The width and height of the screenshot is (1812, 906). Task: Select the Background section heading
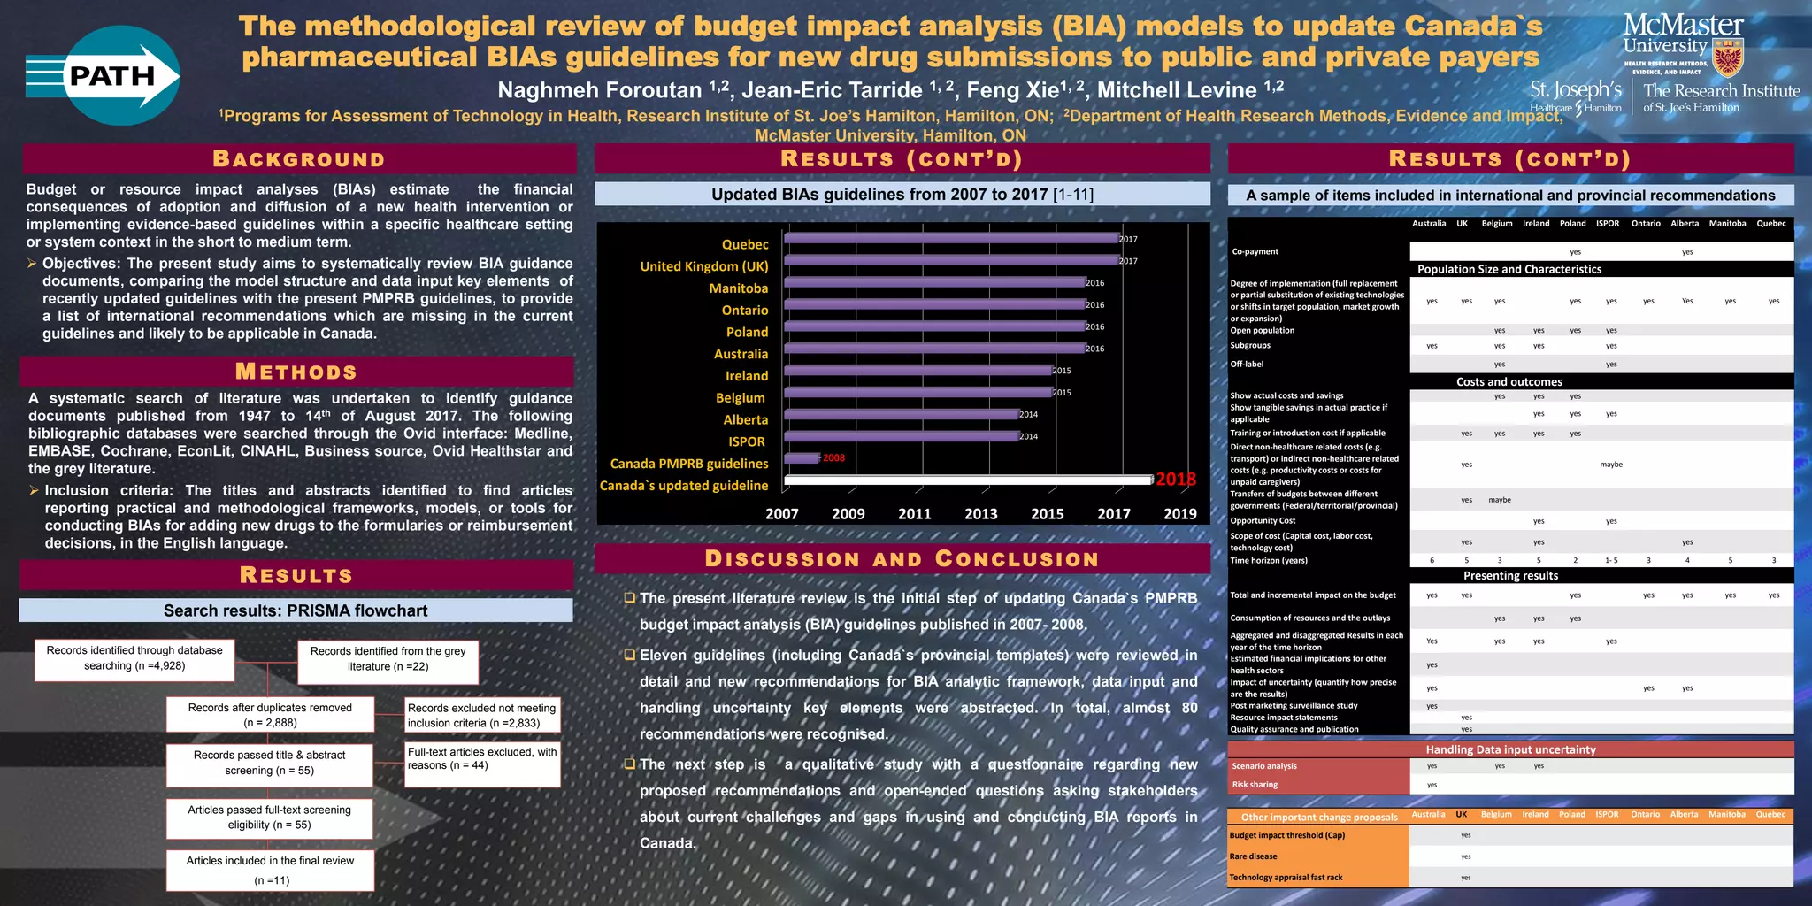[299, 159]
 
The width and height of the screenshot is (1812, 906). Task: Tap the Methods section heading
[296, 372]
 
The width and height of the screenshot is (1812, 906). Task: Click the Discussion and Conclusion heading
[902, 559]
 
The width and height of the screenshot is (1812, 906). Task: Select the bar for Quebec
[951, 238]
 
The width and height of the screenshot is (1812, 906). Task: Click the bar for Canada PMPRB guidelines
[802, 457]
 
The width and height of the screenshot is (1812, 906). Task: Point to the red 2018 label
[1176, 480]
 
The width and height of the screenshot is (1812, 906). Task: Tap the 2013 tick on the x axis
[980, 514]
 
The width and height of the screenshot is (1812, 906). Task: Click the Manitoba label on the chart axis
[738, 288]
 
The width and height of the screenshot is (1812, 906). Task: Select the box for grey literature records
[388, 659]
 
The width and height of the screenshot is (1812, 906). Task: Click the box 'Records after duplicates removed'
[270, 715]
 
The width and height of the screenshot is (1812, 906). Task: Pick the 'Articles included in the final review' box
[270, 870]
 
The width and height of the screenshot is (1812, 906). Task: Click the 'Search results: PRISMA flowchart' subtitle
[296, 610]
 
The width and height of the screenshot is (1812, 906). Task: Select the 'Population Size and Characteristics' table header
[1509, 270]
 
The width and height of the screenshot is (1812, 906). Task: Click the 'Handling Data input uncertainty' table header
[1510, 749]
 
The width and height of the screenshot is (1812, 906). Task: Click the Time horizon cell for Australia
[1432, 561]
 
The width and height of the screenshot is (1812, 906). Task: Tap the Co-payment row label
[1255, 252]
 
